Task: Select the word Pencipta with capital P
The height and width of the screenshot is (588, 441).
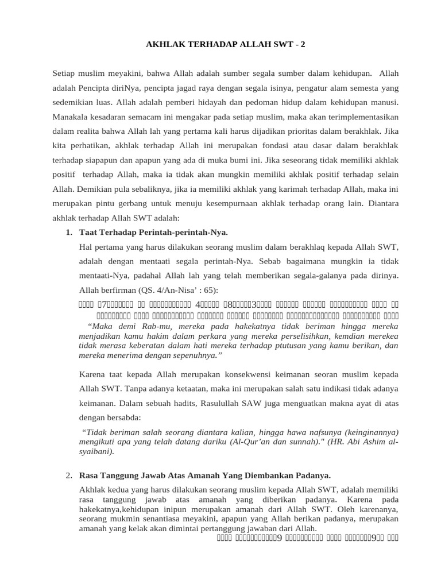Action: (99, 89)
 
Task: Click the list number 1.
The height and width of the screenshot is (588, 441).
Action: (68, 232)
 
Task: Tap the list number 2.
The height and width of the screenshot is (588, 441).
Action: (68, 475)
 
